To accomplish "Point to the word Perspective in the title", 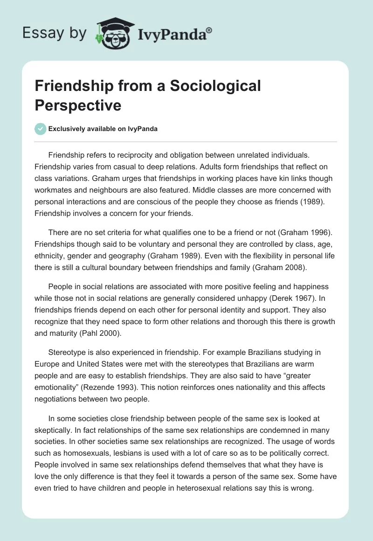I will (78, 105).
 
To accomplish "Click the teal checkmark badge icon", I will (41, 129).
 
